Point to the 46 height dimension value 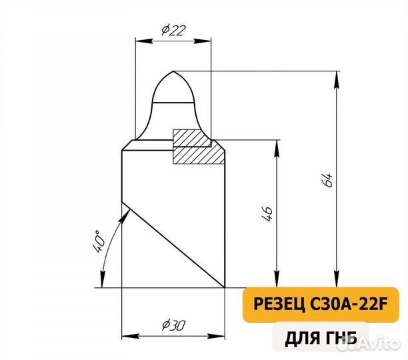pos(267,213)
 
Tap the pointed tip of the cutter pos(173,71)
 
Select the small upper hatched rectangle pos(192,137)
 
